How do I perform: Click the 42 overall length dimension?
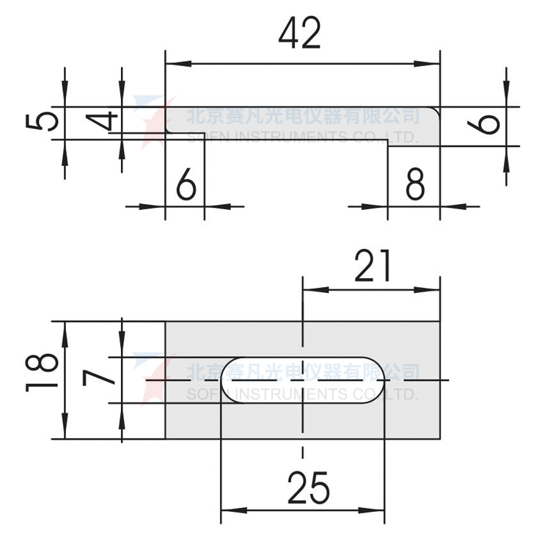(x=301, y=34)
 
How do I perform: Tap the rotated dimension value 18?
(x=43, y=372)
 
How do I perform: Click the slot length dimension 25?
(x=308, y=487)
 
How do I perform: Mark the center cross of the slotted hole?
(x=302, y=380)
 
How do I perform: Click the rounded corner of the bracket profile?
(x=433, y=112)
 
